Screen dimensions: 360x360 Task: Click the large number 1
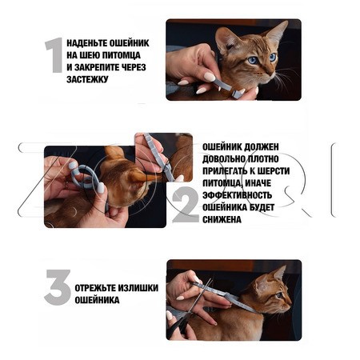tap(54, 56)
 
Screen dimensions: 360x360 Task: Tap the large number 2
tap(185, 206)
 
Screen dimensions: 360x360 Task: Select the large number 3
tap(57, 288)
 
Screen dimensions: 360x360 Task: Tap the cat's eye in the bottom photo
tap(281, 296)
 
